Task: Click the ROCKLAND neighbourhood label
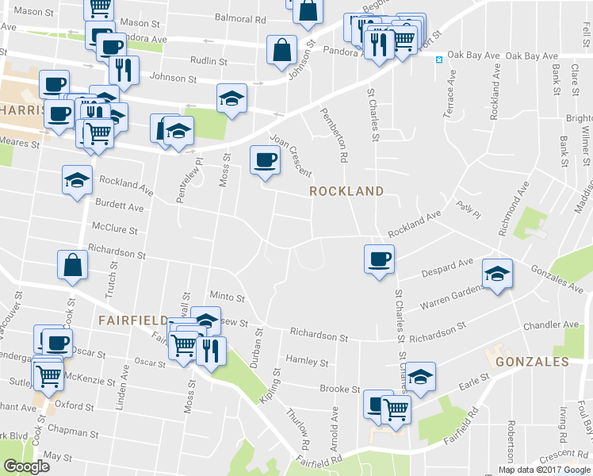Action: (346, 191)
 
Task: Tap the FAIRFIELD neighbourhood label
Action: (130, 321)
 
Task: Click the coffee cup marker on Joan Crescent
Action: (265, 159)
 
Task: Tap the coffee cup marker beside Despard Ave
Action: (379, 258)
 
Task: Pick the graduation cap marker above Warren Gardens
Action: (497, 274)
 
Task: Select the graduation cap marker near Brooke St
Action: (421, 374)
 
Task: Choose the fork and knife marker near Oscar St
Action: (210, 349)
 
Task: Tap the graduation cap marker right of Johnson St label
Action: (231, 98)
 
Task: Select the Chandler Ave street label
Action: (550, 325)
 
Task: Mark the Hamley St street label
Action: (308, 362)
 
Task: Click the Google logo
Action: (27, 466)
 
